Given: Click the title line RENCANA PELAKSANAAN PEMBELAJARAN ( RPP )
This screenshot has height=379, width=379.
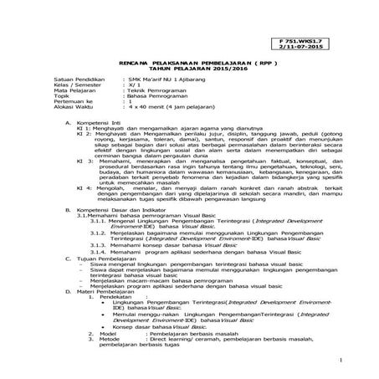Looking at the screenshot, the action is [189, 64].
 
